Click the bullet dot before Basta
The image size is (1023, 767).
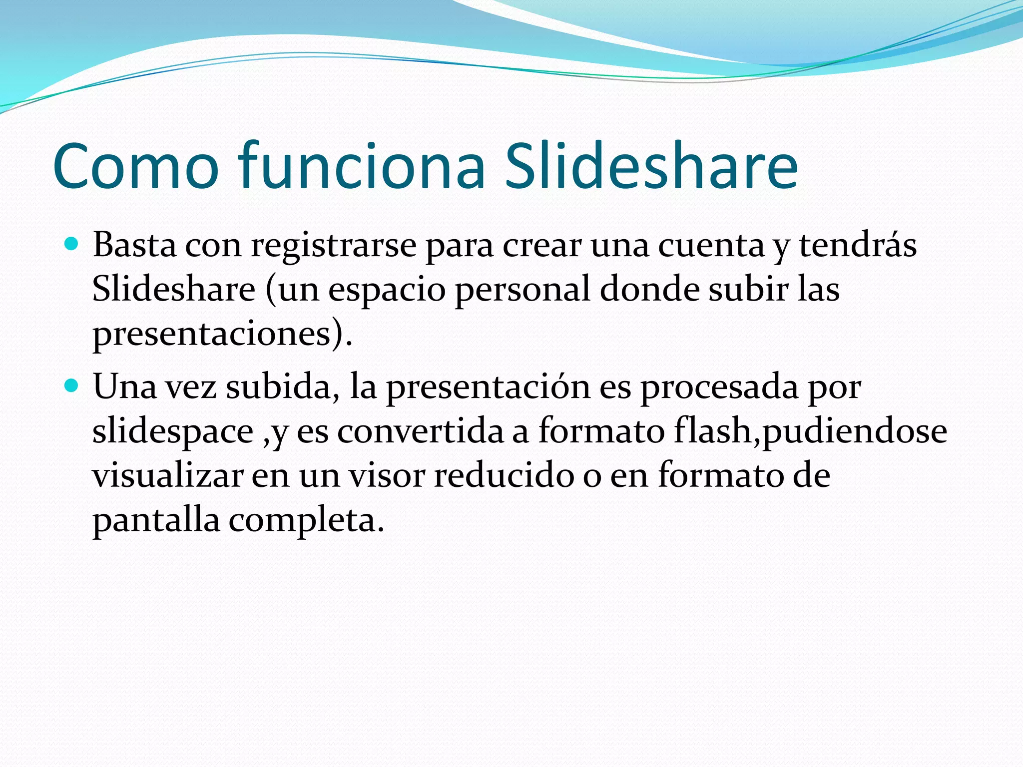[x=72, y=244]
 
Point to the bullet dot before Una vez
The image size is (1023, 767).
[x=72, y=385]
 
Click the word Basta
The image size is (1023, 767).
[x=134, y=246]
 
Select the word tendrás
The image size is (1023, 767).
[x=858, y=245]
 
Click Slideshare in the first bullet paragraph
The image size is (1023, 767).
[x=173, y=290]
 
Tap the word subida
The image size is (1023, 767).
[x=279, y=387]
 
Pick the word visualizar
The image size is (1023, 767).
[x=168, y=476]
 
